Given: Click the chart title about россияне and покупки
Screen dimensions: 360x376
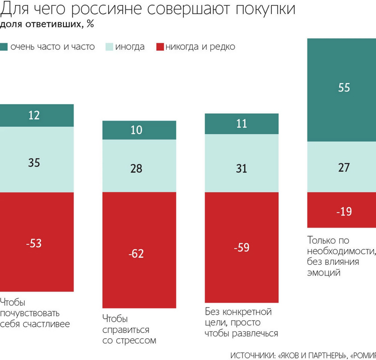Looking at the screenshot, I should point(148,10).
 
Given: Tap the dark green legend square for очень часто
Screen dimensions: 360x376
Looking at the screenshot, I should point(4,47).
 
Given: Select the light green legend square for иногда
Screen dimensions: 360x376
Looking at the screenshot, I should point(108,47).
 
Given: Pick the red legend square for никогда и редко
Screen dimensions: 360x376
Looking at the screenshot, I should point(160,47).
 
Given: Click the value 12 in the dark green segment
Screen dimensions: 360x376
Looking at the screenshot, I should point(35,115).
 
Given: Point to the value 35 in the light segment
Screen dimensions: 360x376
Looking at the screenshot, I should point(35,163).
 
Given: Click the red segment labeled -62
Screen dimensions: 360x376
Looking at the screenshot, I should point(139,253).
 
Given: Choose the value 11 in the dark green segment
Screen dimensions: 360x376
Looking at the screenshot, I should point(242,124).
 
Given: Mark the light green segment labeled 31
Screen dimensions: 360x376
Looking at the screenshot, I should point(242,168).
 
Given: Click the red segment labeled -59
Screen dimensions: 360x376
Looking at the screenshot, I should point(242,248).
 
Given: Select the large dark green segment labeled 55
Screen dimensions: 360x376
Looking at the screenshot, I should point(344,88).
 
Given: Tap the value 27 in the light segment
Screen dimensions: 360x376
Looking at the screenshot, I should point(344,168).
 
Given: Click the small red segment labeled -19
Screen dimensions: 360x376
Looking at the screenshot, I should point(344,212).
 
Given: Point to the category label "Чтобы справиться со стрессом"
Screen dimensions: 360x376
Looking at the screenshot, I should point(129,329).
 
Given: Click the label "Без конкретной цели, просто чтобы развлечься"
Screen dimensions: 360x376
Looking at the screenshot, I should point(242,322).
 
